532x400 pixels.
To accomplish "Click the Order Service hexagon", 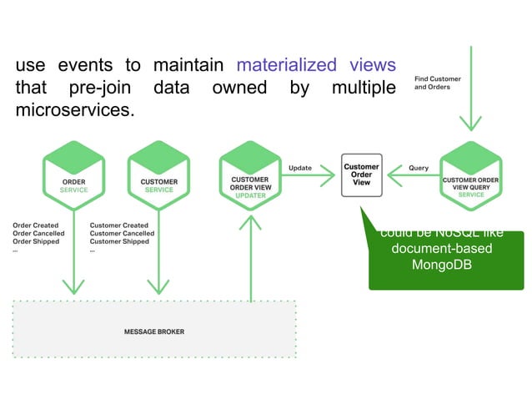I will tap(73, 175).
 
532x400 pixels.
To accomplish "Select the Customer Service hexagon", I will tap(158, 175).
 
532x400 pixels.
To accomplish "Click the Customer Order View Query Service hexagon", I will tap(470, 177).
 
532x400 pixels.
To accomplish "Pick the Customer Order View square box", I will tap(361, 175).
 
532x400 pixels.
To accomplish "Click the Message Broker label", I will tap(154, 332).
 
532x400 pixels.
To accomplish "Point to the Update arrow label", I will tap(299, 168).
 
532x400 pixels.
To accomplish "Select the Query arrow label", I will tap(418, 168).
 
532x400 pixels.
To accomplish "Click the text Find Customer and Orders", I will tap(437, 83).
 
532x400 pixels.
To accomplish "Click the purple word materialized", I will tap(286, 65).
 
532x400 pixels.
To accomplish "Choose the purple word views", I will tap(369, 65).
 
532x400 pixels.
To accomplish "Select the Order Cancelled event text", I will tap(38, 234).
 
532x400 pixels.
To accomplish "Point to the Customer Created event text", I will tap(118, 225).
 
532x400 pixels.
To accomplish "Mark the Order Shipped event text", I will tap(37, 242).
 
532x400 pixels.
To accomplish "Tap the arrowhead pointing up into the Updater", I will tap(249, 221).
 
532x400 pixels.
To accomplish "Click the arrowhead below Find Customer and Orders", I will tap(471, 123).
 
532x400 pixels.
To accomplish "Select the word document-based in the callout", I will tap(446, 249).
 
